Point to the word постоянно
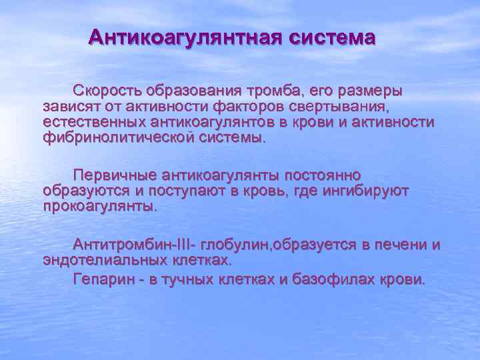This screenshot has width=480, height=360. click(323, 175)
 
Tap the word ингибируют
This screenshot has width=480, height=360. click(365, 191)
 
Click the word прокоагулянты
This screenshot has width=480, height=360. click(100, 207)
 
